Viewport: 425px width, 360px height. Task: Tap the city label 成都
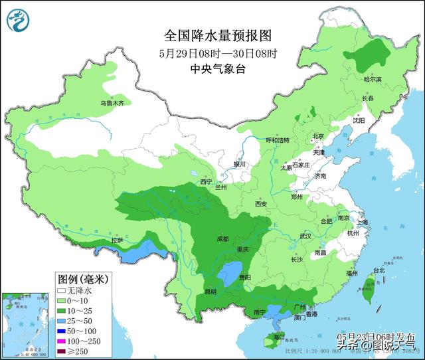222,238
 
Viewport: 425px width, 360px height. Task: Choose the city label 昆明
210,291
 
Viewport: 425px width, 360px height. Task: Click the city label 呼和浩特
278,140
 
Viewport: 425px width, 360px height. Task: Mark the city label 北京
317,136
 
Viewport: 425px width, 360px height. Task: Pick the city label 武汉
305,236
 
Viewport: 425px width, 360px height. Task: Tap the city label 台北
379,270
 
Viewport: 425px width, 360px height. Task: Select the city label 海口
268,337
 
